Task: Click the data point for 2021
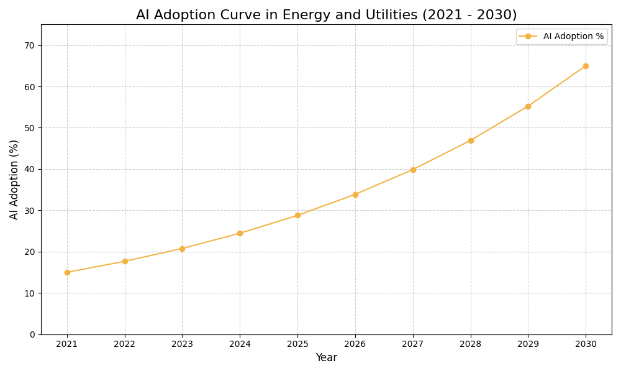click(x=67, y=272)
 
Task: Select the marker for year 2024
click(x=240, y=233)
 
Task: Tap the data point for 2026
click(x=355, y=195)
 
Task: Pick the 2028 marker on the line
click(x=471, y=140)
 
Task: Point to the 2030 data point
click(x=586, y=66)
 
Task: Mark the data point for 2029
click(x=528, y=106)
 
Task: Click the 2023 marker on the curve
click(x=182, y=249)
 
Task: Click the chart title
click(x=326, y=15)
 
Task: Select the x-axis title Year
click(x=326, y=358)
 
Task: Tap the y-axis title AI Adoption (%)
click(x=14, y=179)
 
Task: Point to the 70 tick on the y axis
click(x=29, y=45)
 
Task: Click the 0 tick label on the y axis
click(x=32, y=334)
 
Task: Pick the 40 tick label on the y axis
click(x=29, y=169)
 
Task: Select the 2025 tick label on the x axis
click(x=297, y=344)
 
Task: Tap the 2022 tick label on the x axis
click(x=125, y=344)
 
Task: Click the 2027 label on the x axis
click(x=413, y=344)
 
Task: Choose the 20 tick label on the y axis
click(x=29, y=252)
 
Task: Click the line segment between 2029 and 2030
click(x=557, y=86)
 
